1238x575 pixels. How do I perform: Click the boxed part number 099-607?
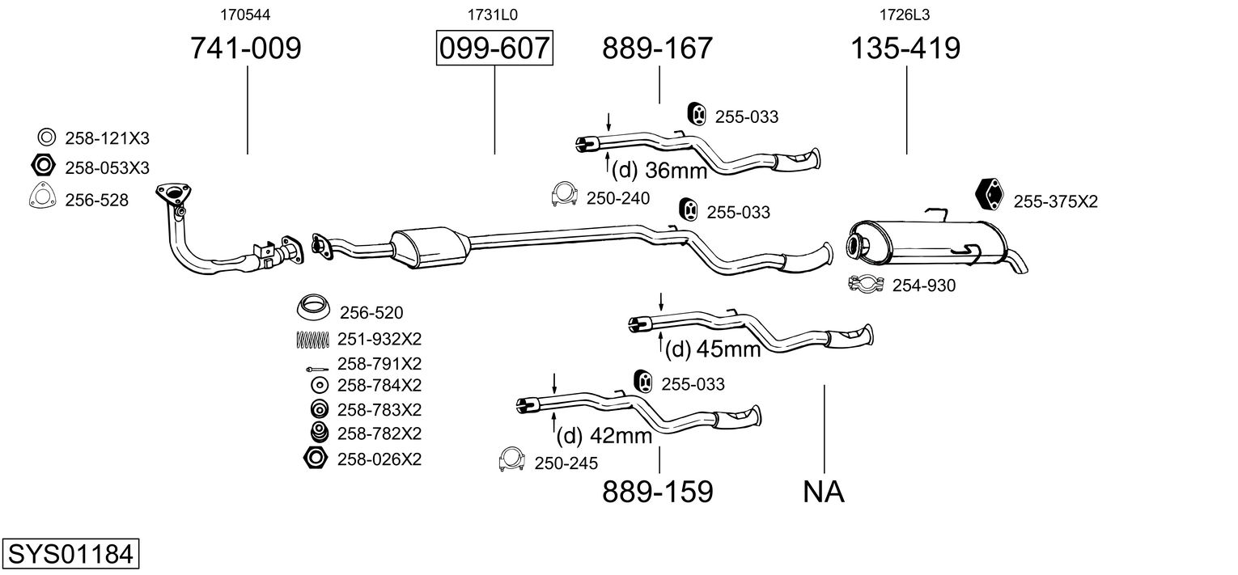(x=494, y=49)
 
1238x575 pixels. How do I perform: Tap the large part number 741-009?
(x=245, y=49)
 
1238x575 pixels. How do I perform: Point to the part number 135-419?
(x=905, y=49)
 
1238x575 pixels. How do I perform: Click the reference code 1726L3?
(x=905, y=15)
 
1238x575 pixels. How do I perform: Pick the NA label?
(x=824, y=492)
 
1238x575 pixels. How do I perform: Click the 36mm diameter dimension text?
(x=659, y=171)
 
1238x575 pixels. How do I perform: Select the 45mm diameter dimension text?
(x=713, y=349)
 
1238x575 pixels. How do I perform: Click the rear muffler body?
(x=922, y=239)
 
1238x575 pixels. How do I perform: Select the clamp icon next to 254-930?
(x=865, y=284)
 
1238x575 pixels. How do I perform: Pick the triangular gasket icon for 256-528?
(x=40, y=197)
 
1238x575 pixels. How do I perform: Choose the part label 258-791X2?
(x=379, y=364)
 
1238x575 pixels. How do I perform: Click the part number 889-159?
(x=657, y=492)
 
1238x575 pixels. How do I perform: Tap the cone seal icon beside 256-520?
(x=313, y=308)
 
